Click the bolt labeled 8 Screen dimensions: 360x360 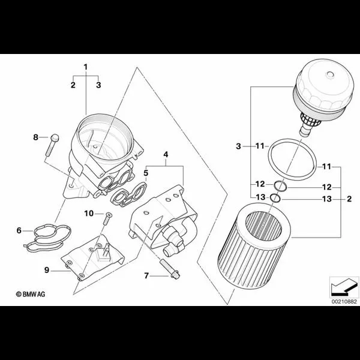tap(52, 145)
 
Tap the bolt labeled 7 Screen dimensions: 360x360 tap(170, 268)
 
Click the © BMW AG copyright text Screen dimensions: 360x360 tap(31, 294)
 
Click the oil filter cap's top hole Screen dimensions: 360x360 tap(330, 74)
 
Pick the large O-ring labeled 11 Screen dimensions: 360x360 tap(292, 160)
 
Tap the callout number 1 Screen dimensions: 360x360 tap(86, 67)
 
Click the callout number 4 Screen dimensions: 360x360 tap(166, 155)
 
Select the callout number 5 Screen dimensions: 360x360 tap(146, 173)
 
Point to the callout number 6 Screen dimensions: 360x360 tap(19, 230)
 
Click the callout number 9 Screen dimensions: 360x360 tap(47, 270)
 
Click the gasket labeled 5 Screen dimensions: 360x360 tap(128, 194)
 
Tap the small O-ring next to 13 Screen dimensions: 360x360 tap(275, 199)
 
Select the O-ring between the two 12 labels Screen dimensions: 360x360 tap(280, 186)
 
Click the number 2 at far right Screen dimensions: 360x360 tap(349, 199)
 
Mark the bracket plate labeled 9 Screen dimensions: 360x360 tap(92, 258)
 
